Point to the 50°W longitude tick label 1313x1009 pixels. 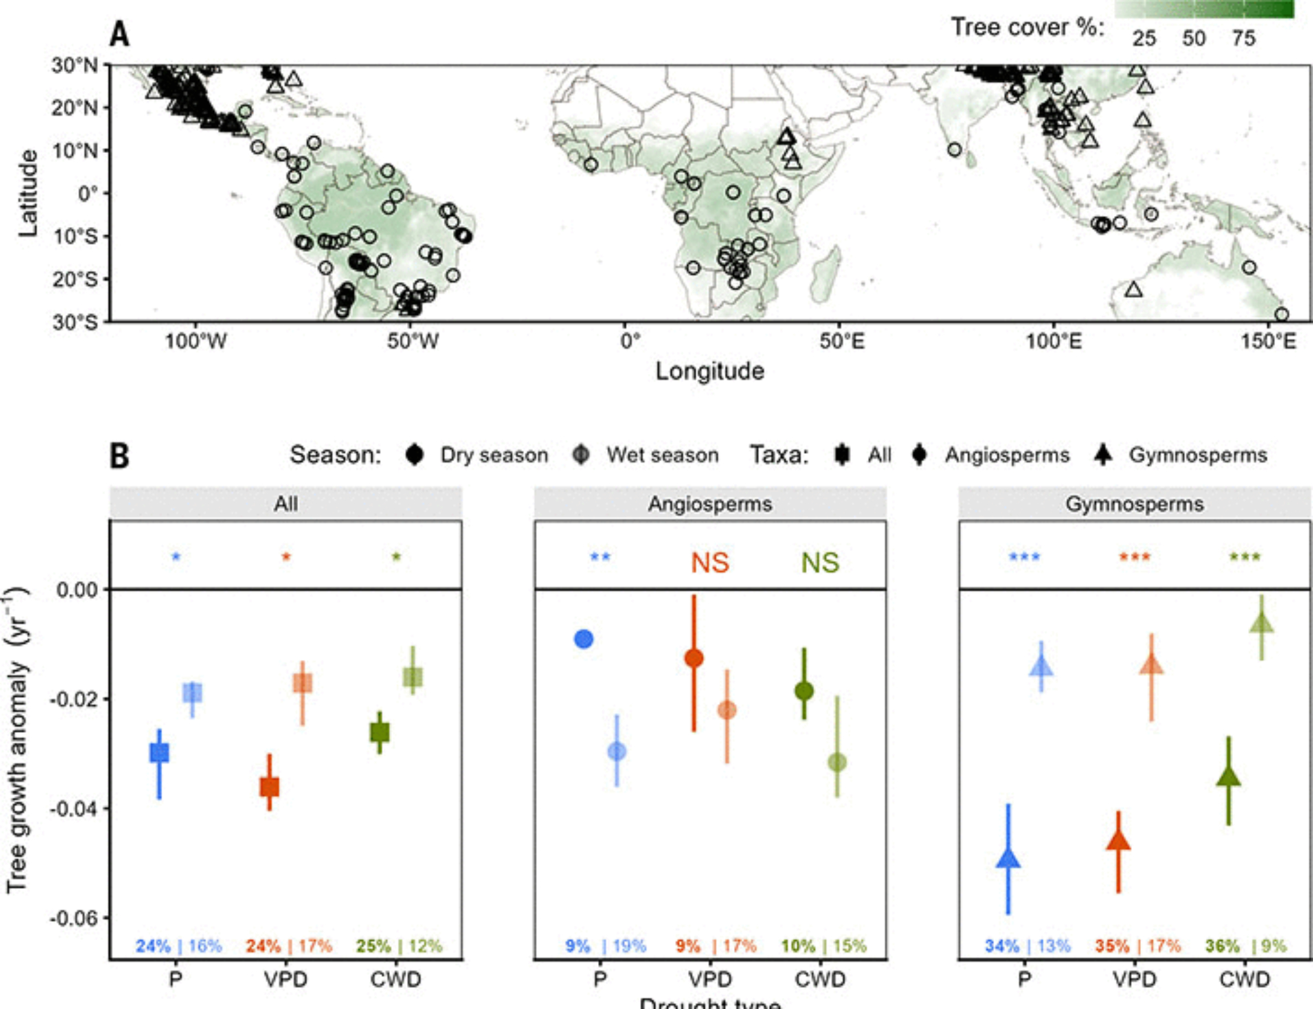[412, 341]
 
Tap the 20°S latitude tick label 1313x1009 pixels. [75, 279]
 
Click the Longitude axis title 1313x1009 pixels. [710, 371]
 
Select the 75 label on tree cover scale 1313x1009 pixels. [1243, 38]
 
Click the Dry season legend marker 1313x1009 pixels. [414, 455]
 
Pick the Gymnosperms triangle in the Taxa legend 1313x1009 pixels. [1103, 455]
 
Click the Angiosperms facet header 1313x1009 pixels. [710, 504]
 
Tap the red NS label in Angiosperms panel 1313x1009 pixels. [710, 563]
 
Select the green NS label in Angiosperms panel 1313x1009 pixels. [820, 563]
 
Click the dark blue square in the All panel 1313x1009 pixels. [160, 752]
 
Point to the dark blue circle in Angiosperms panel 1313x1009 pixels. [584, 638]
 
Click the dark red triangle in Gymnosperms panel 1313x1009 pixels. [1118, 841]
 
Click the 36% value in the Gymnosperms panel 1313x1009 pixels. [1222, 946]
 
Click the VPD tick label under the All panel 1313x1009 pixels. [286, 979]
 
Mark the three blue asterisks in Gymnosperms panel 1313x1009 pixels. [1024, 557]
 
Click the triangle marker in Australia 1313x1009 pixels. [1133, 289]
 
